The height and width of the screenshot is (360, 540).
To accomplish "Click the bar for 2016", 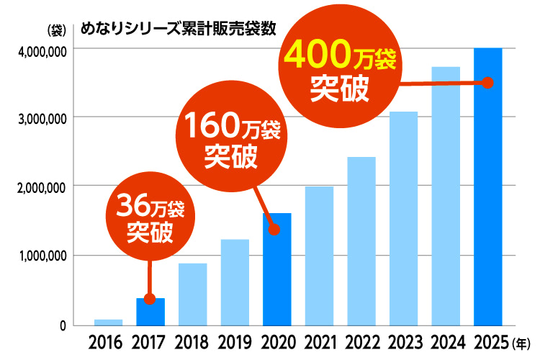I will (108, 322).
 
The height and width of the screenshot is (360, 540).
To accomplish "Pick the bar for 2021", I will (319, 256).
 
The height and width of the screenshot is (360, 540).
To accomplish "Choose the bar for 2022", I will (361, 240).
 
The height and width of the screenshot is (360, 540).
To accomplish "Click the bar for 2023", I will (403, 218).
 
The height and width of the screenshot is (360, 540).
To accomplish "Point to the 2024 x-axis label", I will (446, 340).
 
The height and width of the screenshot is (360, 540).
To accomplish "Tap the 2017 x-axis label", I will (150, 340).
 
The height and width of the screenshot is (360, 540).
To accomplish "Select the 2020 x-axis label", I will (277, 340).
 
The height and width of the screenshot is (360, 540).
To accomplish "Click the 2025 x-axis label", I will (488, 340).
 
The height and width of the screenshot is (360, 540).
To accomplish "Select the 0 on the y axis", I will (63, 325).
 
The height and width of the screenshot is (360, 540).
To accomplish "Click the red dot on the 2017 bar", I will (150, 299).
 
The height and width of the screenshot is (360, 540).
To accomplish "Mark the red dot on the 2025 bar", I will (487, 83).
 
